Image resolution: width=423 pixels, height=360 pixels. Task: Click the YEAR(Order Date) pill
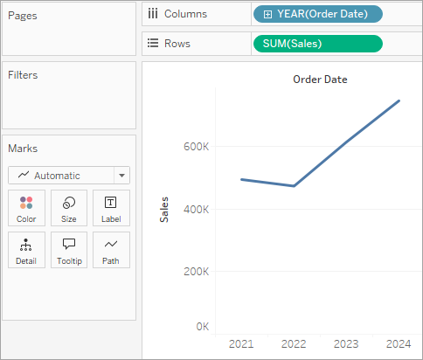(318, 14)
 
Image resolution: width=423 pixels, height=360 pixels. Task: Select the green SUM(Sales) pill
(318, 44)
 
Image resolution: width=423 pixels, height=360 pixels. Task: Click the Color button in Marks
(26, 208)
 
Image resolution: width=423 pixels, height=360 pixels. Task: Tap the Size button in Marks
(69, 208)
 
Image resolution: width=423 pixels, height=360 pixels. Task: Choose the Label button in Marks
(111, 208)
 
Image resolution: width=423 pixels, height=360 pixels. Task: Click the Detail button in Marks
(26, 250)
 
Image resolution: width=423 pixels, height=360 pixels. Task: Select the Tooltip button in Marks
(69, 250)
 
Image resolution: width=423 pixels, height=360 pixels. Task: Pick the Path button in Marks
(111, 250)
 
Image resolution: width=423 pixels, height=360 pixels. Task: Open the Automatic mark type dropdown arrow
(122, 176)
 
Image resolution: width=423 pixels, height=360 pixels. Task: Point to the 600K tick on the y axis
(196, 147)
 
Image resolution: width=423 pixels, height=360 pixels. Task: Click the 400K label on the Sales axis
(196, 209)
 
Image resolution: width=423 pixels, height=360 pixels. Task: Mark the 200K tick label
(196, 272)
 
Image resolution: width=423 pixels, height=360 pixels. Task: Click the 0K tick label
(203, 327)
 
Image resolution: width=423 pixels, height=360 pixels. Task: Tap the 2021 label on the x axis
(241, 344)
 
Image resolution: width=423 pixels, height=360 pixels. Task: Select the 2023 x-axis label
(346, 344)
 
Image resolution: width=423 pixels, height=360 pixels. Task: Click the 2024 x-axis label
(399, 344)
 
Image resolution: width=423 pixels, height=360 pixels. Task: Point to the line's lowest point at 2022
(294, 186)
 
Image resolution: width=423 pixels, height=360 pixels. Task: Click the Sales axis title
(164, 210)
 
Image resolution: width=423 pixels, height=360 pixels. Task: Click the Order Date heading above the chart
(320, 80)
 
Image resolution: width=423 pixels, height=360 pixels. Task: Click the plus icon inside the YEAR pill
(267, 14)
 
